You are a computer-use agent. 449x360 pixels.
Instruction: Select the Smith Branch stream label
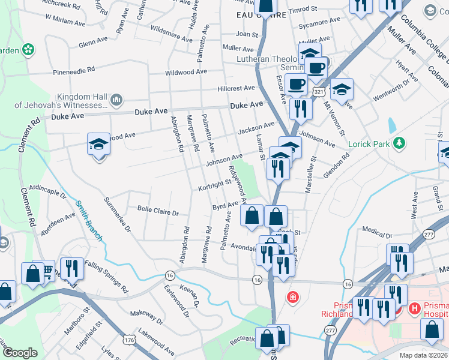(88, 221)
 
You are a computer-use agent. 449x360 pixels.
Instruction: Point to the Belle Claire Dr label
(158, 212)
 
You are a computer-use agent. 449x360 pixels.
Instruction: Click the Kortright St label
(214, 186)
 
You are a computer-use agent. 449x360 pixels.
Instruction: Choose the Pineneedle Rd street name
(74, 70)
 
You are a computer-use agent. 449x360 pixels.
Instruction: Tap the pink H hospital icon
(414, 309)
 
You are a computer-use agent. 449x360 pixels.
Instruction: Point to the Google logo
(20, 352)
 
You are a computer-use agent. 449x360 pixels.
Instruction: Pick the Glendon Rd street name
(336, 164)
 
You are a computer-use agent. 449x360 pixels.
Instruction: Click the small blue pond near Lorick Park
(392, 125)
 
